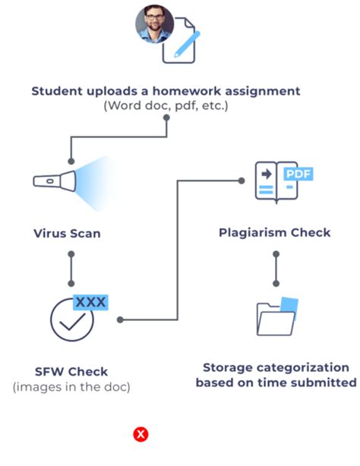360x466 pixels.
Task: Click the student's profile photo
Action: tap(155, 24)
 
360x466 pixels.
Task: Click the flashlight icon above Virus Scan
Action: tap(53, 181)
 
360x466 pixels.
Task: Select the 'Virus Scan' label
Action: tap(67, 233)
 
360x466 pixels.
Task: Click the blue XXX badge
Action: tap(90, 302)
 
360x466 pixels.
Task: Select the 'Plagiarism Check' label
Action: tap(274, 232)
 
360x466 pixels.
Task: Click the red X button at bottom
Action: tap(141, 434)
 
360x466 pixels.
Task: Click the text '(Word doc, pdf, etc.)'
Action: tap(166, 106)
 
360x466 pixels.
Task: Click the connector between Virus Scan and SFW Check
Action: tap(71, 266)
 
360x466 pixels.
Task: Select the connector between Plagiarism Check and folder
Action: tap(275, 266)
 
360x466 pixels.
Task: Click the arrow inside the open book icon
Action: tap(266, 175)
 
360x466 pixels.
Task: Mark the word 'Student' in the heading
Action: tap(58, 91)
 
